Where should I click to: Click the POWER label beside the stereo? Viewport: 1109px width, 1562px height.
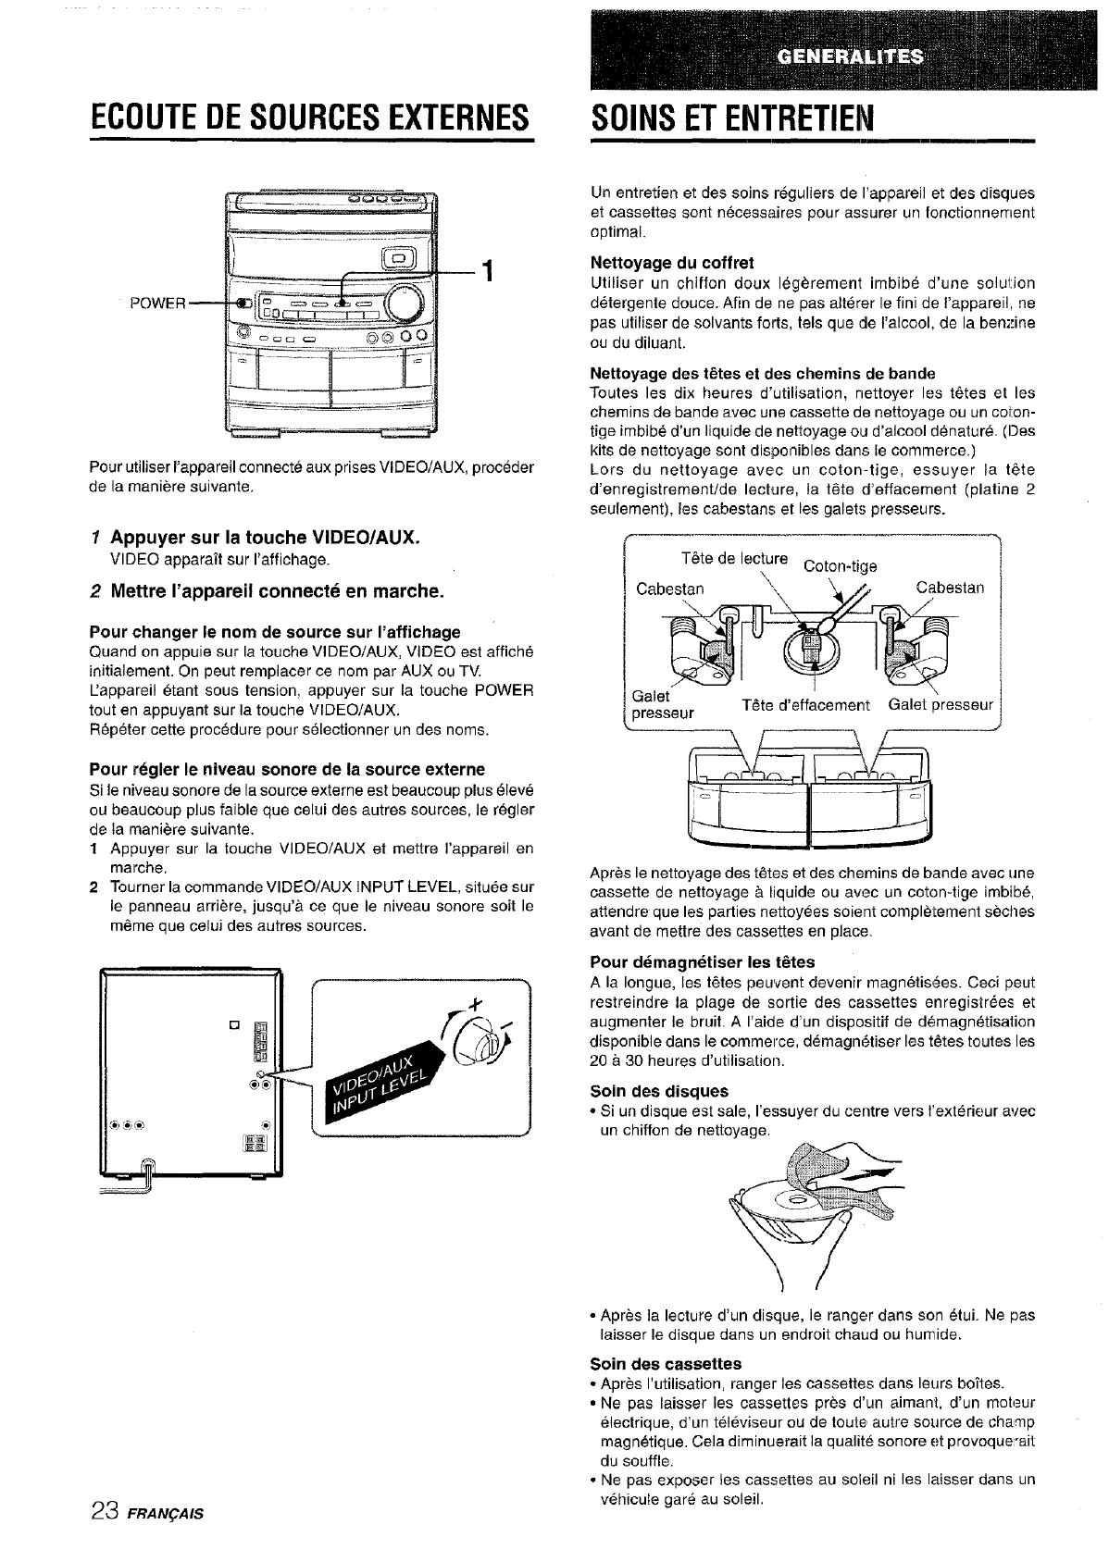pos(159,304)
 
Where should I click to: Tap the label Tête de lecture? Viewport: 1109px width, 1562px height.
pos(734,558)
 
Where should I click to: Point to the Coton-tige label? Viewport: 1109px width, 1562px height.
pos(840,566)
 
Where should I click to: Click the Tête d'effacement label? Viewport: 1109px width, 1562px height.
pos(805,706)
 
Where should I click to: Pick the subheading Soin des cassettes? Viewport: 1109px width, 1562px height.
pos(666,1364)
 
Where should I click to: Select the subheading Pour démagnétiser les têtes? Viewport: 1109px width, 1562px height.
pos(702,961)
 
